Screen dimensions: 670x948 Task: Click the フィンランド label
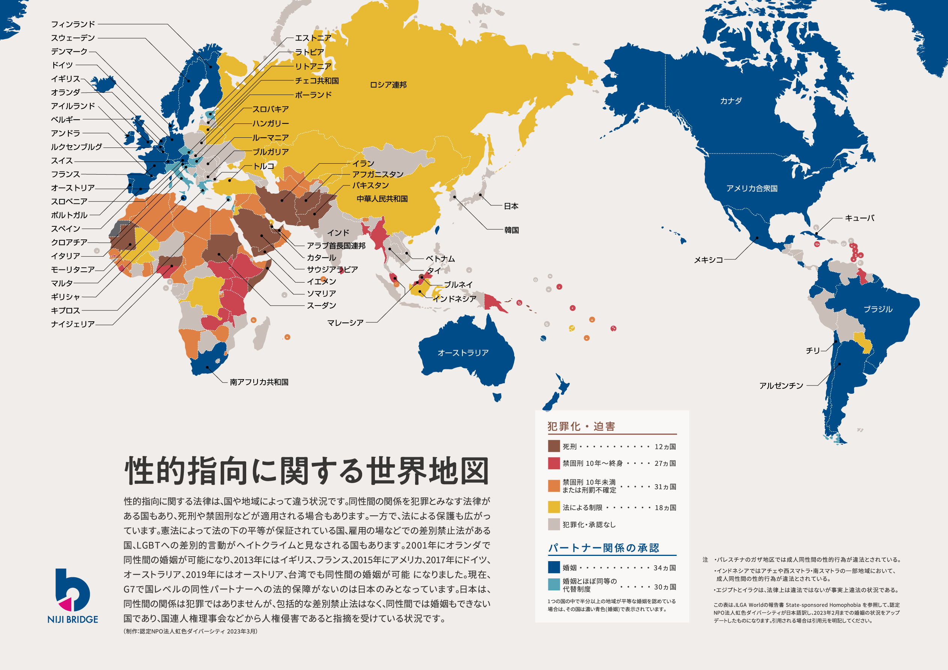point(73,24)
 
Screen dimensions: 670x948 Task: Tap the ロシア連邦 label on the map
point(388,85)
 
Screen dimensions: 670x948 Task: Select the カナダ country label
point(731,101)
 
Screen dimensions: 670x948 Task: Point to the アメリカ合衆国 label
point(752,188)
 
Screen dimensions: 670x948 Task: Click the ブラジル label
point(878,309)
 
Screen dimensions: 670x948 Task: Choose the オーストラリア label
point(463,353)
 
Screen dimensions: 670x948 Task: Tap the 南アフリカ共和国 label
point(259,382)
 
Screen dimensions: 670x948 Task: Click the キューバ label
point(860,218)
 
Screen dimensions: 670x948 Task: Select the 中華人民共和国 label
point(382,199)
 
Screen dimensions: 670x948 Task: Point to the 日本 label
point(511,206)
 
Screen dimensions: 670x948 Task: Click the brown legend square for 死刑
point(554,446)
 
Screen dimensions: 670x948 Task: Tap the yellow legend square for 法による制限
point(554,507)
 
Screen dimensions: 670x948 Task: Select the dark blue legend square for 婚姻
point(554,567)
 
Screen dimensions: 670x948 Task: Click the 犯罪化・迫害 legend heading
point(581,426)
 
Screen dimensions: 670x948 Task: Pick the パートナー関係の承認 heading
point(603,548)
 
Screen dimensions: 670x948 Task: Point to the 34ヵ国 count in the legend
point(665,568)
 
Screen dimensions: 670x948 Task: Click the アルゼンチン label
point(781,385)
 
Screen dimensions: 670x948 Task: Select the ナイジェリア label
point(73,324)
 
